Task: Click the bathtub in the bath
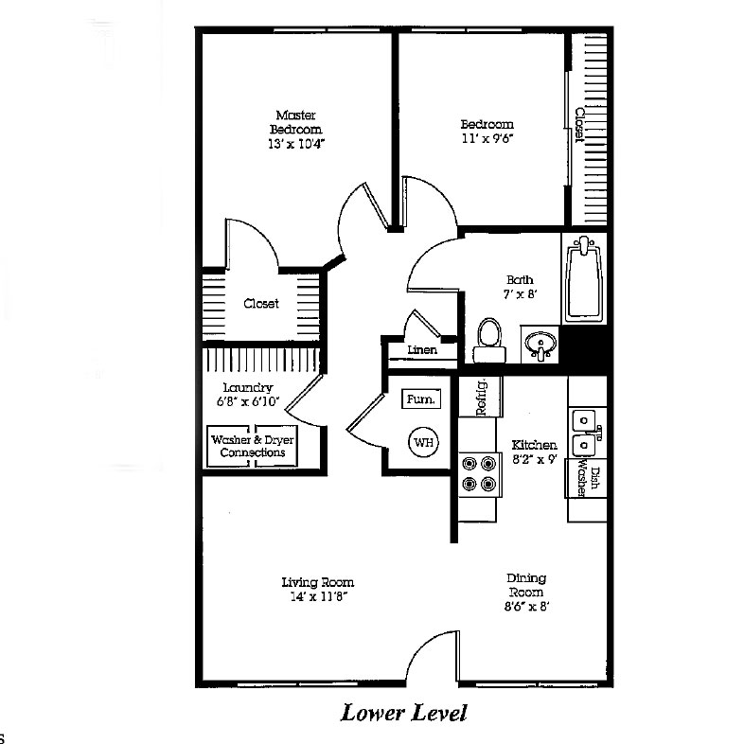tap(584, 279)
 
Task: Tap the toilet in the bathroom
tap(489, 340)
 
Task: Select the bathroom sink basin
tap(540, 344)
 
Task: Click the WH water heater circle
tap(423, 442)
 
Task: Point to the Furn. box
tap(421, 399)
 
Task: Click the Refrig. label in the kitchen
tap(481, 398)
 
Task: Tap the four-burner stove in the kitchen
tap(480, 474)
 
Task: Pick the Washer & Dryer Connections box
tap(253, 446)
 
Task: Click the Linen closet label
tap(422, 350)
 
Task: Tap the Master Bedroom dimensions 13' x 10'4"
tap(296, 144)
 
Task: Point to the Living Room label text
tap(318, 582)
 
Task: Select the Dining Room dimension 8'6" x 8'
tap(526, 607)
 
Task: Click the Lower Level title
tap(404, 713)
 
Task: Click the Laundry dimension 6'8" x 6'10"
tap(248, 401)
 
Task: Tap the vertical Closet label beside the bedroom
tap(579, 125)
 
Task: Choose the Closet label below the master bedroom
tap(261, 303)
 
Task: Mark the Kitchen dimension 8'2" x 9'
tap(534, 459)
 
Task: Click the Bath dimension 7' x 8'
tap(520, 294)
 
